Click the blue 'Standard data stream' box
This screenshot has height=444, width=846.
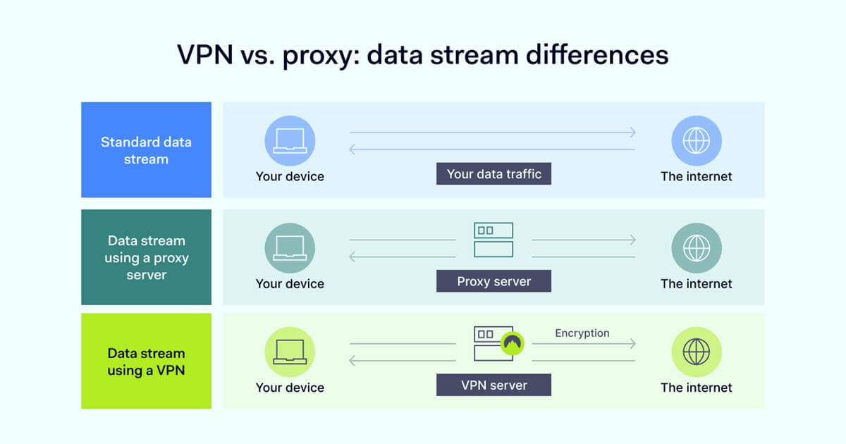[146, 149]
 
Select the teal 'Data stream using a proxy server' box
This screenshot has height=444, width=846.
[146, 257]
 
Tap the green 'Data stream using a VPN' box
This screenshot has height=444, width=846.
[146, 361]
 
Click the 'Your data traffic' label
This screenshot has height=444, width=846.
[493, 173]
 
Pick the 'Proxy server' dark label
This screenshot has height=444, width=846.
[493, 281]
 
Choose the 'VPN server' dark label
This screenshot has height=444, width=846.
[493, 385]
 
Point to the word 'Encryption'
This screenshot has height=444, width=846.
[582, 333]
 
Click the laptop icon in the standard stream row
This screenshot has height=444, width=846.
[290, 141]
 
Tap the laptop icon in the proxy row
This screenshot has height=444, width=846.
[290, 248]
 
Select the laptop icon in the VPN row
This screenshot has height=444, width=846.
[290, 352]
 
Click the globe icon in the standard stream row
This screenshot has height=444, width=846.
[697, 141]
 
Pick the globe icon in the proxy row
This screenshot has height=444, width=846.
[697, 248]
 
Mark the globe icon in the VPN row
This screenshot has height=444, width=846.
[697, 352]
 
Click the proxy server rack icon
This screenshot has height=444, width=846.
[493, 240]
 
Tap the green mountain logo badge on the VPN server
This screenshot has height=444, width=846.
[512, 343]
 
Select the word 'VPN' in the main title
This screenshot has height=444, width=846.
[205, 55]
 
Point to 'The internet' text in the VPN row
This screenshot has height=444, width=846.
[696, 388]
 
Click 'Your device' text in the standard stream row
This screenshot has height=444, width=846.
[290, 176]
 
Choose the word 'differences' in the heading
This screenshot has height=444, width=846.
[597, 55]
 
